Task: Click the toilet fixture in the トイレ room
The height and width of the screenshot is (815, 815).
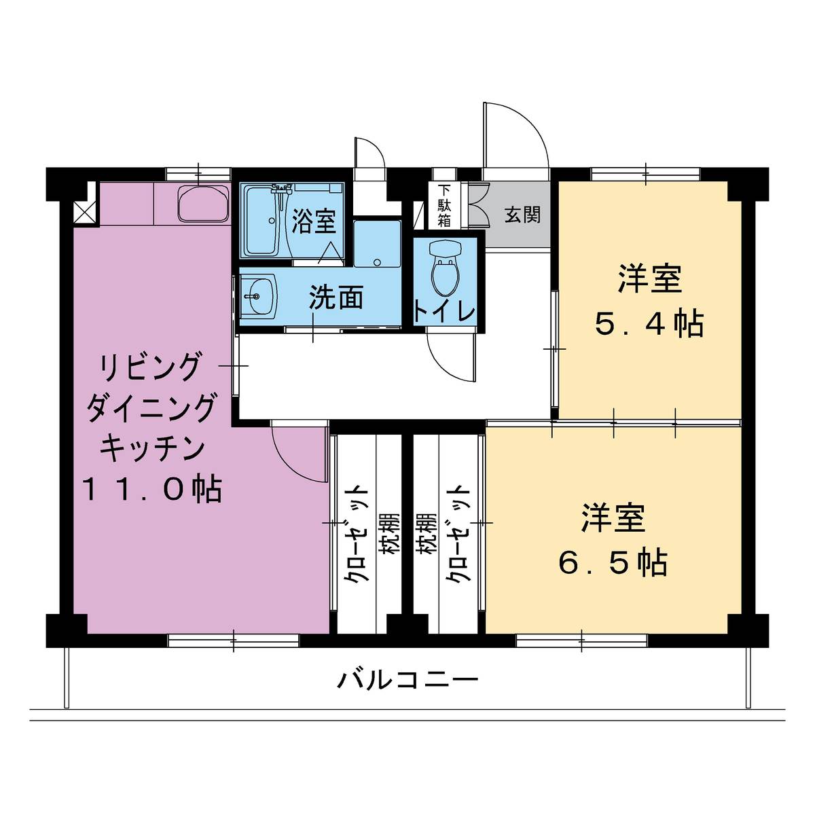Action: coord(443,268)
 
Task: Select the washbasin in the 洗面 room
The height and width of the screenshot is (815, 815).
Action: coord(258,296)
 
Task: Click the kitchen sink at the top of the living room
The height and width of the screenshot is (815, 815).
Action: coord(204,204)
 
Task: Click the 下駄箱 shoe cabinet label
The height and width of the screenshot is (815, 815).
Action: coord(444,206)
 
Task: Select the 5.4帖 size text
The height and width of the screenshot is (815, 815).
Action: coord(650,325)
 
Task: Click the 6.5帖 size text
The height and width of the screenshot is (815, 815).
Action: coord(613,562)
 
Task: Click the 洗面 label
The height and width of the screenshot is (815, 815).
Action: coord(336,297)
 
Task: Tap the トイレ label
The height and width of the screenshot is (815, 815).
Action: coord(444,312)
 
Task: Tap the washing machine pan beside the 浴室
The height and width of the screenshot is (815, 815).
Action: coord(377,244)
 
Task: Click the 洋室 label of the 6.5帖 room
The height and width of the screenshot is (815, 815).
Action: coord(613,518)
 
